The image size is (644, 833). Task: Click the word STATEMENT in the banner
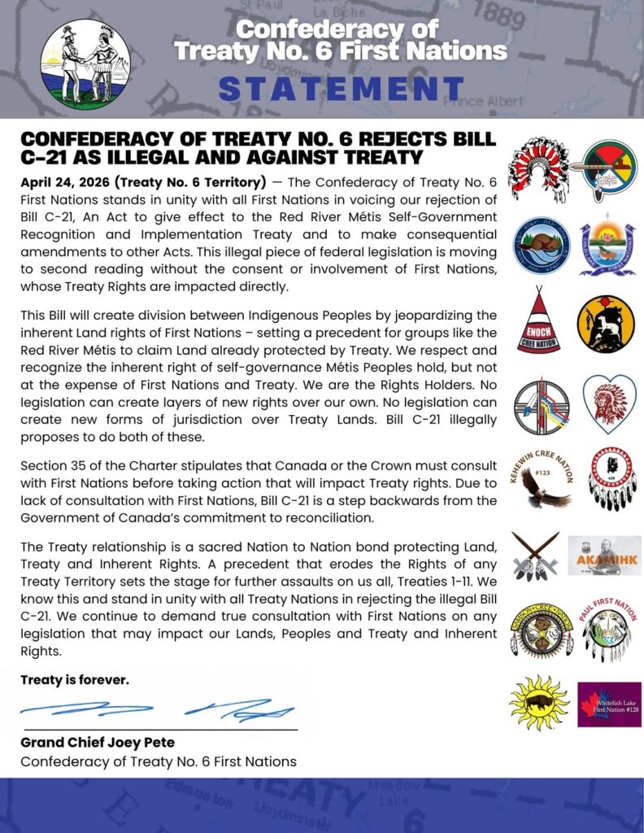342,89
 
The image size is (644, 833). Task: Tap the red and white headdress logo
537,168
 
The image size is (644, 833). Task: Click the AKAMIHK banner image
603,556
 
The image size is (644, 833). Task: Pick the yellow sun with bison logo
538,702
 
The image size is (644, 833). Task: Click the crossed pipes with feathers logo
536,556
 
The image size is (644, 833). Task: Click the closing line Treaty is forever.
75,680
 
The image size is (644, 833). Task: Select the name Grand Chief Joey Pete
98,743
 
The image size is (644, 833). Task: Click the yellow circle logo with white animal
606,324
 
